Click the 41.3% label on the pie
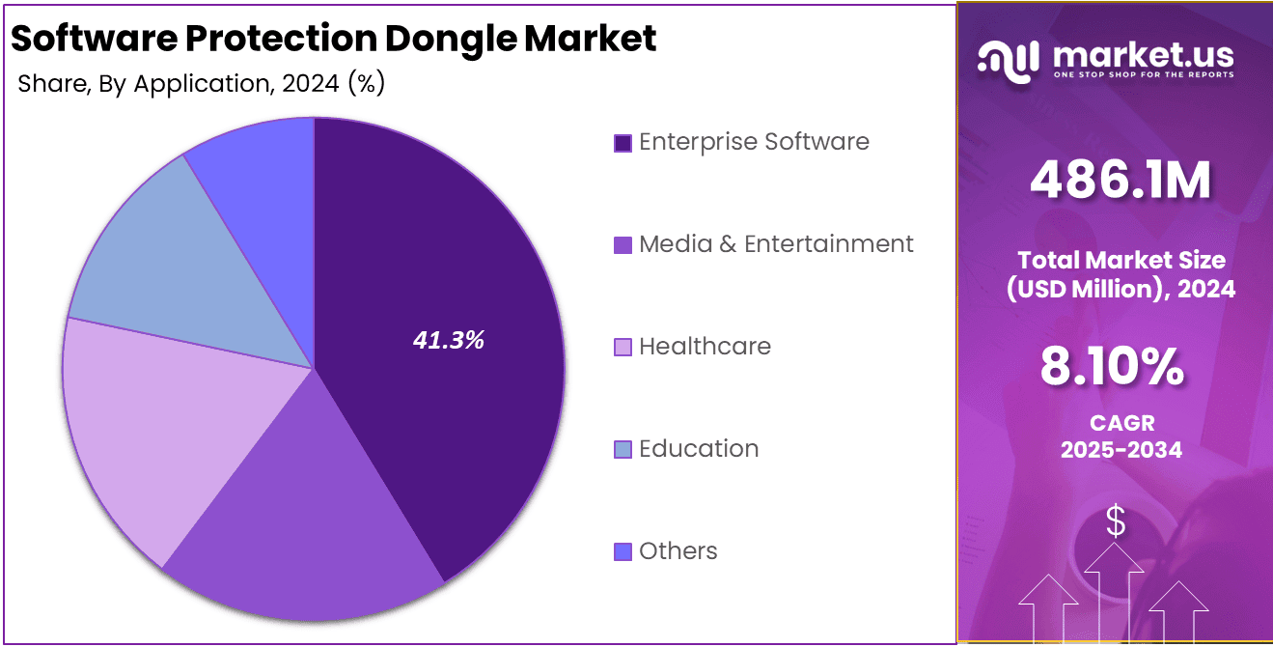coord(448,340)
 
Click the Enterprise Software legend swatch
coord(623,143)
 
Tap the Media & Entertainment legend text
coord(776,244)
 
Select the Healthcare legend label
coord(705,347)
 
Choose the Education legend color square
coord(623,450)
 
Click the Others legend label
coord(678,551)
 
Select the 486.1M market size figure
coord(1120,181)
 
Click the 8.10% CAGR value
coord(1112,367)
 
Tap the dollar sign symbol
coord(1116,522)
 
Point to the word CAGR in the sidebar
coord(1121,423)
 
